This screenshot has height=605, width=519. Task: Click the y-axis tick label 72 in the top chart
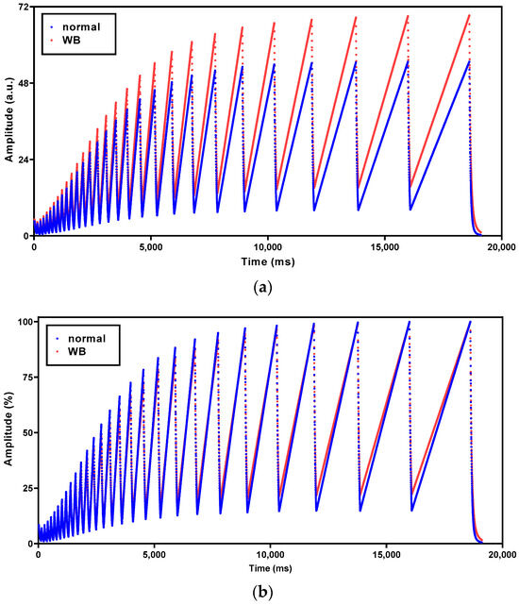pos(24,8)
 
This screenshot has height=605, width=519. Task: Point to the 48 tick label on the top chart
pos(24,83)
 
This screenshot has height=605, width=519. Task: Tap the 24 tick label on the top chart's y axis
pos(24,160)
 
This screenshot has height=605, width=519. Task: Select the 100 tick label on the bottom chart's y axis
pos(26,322)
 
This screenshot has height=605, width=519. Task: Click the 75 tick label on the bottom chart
pos(28,377)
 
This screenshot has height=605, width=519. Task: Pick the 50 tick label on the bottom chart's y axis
pos(28,432)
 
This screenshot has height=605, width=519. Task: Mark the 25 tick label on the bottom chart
pos(28,488)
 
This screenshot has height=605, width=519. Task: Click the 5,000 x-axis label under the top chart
pos(150,247)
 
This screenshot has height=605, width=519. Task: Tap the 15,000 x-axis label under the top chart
pos(384,247)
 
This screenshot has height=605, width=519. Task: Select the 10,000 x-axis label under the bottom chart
pos(270,555)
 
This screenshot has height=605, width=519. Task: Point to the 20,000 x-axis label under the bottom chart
pos(502,555)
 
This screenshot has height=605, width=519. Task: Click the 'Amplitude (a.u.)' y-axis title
pos(8,120)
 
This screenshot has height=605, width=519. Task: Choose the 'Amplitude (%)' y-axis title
pos(8,429)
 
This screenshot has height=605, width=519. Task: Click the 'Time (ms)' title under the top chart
pos(268,262)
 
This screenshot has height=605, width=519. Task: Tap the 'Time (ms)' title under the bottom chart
pos(270,568)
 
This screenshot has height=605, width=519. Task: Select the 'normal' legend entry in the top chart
pos(81,27)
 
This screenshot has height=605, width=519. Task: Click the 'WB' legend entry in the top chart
pos(72,41)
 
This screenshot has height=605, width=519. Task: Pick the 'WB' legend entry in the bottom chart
pos(76,351)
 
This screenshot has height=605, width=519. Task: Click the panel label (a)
pos(262,288)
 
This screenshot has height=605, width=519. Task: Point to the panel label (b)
pos(262,592)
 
